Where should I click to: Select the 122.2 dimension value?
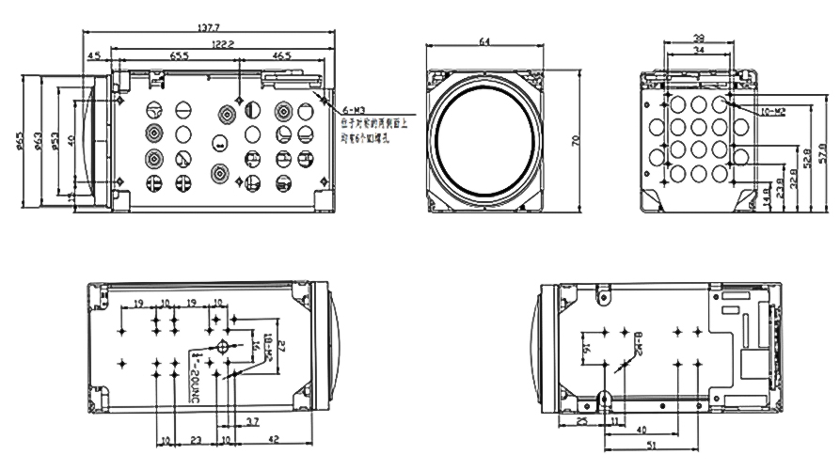coord(222,43)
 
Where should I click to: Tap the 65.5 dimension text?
coord(179,56)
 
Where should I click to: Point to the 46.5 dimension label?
coord(281,56)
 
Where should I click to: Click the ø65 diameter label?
coord(20,139)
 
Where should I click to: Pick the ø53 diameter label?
coord(55,139)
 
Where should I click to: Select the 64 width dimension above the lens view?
coord(484,40)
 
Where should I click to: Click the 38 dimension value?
coord(698,39)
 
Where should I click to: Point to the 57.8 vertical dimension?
coord(821,150)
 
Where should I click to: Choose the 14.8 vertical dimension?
coord(767,198)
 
